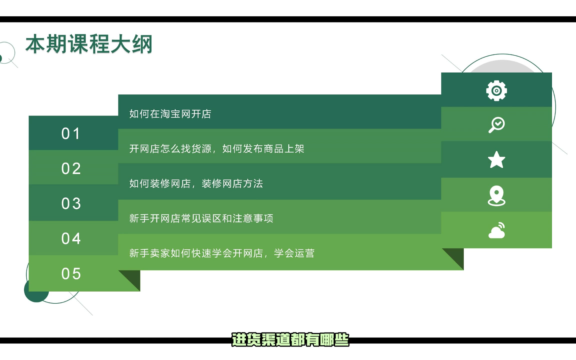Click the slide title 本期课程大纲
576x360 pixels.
[x=89, y=44]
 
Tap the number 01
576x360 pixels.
[x=71, y=133]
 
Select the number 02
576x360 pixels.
[x=71, y=168]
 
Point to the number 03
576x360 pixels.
[x=71, y=204]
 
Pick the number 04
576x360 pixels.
[x=71, y=238]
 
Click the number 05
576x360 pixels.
[x=71, y=274]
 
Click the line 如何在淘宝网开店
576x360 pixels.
[x=170, y=114]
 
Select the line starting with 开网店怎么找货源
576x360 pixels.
[x=217, y=149]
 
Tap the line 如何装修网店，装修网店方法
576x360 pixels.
[x=196, y=184]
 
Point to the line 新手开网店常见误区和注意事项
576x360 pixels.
[x=201, y=219]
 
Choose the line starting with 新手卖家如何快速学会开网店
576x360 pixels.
[x=222, y=253]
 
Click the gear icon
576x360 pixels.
[x=496, y=91]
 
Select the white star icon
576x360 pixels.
[x=496, y=160]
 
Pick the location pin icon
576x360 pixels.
[x=496, y=196]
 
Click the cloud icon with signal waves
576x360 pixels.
[x=496, y=230]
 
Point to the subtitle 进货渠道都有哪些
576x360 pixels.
[x=290, y=340]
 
